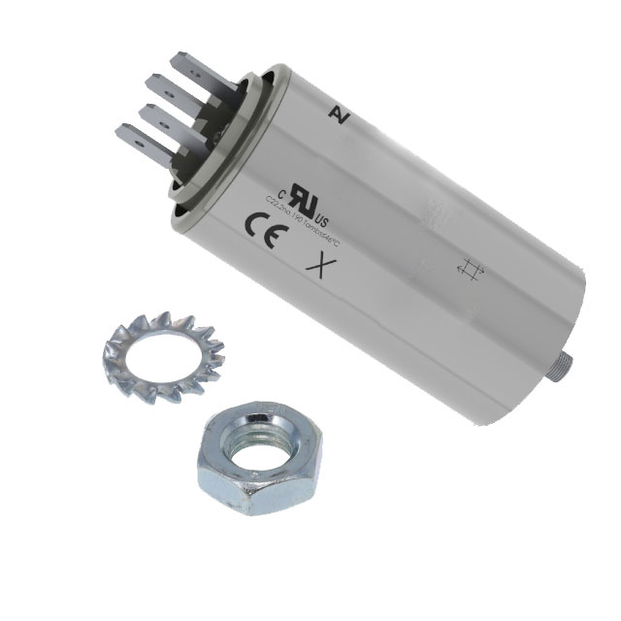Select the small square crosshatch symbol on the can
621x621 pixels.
coord(471,272)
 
